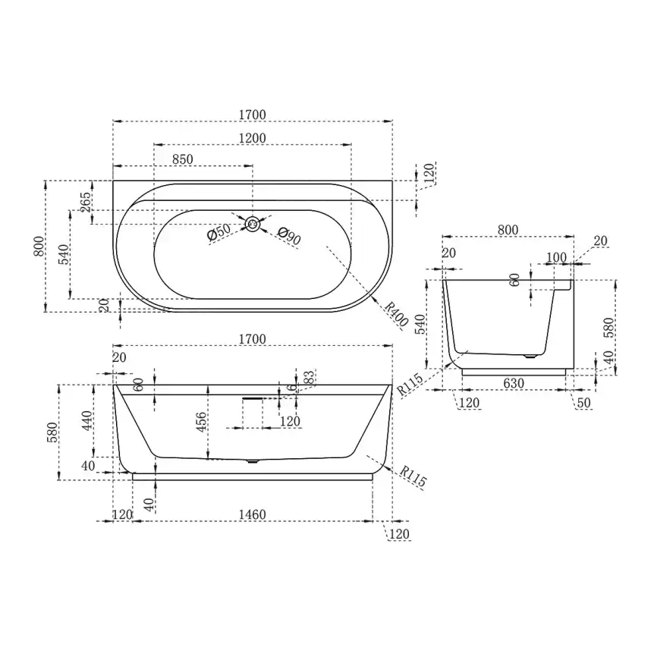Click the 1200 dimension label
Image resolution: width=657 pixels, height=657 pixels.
click(x=252, y=138)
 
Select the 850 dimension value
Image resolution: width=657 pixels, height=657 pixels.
click(x=183, y=159)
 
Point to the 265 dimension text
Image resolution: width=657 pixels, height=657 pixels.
click(x=86, y=202)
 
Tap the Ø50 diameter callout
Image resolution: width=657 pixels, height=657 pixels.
click(x=218, y=231)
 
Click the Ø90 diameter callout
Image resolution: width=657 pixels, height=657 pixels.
click(x=289, y=236)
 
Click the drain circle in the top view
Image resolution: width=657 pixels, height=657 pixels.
click(x=252, y=225)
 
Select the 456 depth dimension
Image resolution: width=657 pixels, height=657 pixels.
click(x=202, y=423)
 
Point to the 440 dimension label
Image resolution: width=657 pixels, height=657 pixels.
click(x=87, y=420)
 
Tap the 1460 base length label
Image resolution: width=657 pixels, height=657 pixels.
click(x=252, y=514)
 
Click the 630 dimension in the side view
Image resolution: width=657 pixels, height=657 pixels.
click(x=514, y=383)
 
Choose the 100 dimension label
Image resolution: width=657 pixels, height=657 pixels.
click(x=556, y=257)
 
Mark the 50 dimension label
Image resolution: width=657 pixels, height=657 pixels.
click(x=583, y=403)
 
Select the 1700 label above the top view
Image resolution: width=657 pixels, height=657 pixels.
click(x=252, y=115)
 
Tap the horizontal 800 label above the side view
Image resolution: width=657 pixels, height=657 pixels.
click(x=508, y=230)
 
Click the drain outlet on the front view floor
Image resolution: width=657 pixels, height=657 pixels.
click(x=252, y=461)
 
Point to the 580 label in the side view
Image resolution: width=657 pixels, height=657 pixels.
click(x=608, y=327)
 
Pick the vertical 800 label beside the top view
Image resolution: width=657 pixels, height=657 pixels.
click(x=39, y=247)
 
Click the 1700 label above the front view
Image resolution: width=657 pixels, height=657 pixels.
click(x=252, y=338)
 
